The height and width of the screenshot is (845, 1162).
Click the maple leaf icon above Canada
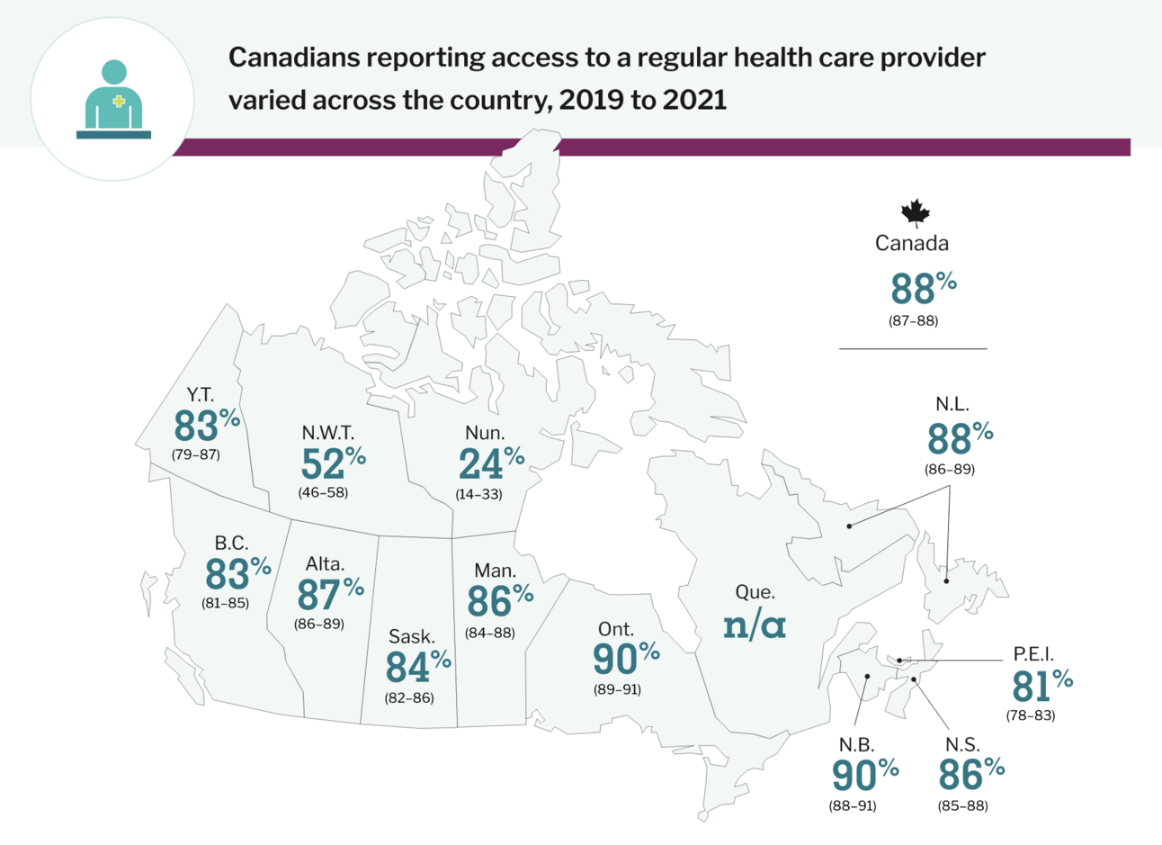[x=915, y=213]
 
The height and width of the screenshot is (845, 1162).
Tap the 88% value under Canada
[x=922, y=289]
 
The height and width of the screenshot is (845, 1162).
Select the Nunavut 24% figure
[x=490, y=463]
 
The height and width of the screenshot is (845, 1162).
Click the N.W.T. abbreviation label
[x=327, y=433]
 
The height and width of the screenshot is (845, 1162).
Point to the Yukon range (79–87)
[x=195, y=454]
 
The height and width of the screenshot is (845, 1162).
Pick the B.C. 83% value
[x=237, y=573]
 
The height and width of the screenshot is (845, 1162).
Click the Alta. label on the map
[x=325, y=564]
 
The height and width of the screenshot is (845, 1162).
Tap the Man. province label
[x=495, y=571]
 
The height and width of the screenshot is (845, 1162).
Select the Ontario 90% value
[x=625, y=659]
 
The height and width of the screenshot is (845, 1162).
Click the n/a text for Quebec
[x=755, y=625]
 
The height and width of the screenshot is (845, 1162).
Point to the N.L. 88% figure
[x=959, y=438]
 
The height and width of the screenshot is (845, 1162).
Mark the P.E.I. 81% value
[x=1041, y=686]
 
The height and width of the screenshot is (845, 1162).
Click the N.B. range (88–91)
[x=852, y=805]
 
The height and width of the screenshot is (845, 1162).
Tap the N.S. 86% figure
[x=970, y=773]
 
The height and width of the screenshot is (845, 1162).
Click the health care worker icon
[x=113, y=100]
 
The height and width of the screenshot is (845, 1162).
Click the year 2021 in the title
[x=694, y=100]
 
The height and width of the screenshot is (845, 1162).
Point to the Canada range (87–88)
[x=913, y=321]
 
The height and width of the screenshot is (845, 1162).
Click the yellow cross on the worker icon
[x=119, y=103]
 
